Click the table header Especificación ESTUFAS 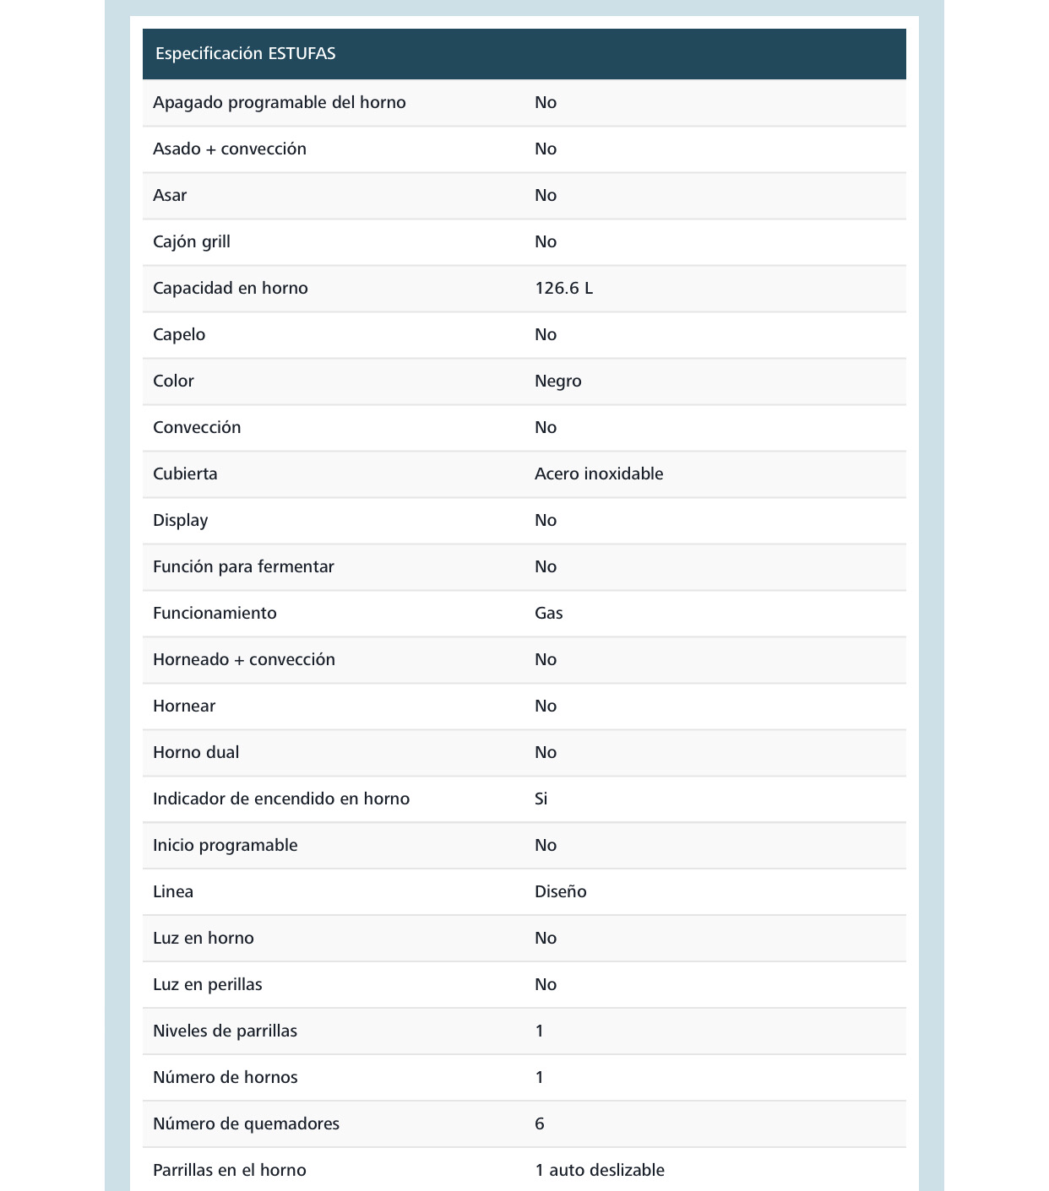245,54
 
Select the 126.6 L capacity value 563,289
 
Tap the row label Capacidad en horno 230,289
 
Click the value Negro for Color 557,382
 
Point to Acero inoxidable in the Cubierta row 598,474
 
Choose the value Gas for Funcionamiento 548,614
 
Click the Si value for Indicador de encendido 541,799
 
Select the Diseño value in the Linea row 560,892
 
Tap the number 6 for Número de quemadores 540,1124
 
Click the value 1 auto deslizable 599,1171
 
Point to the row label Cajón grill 191,242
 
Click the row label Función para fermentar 243,567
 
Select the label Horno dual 195,753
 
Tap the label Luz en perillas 207,985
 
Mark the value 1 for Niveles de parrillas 540,1031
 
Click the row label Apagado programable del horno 279,103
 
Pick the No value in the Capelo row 545,335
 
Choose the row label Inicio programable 225,846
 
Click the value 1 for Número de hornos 540,1078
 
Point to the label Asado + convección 229,149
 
